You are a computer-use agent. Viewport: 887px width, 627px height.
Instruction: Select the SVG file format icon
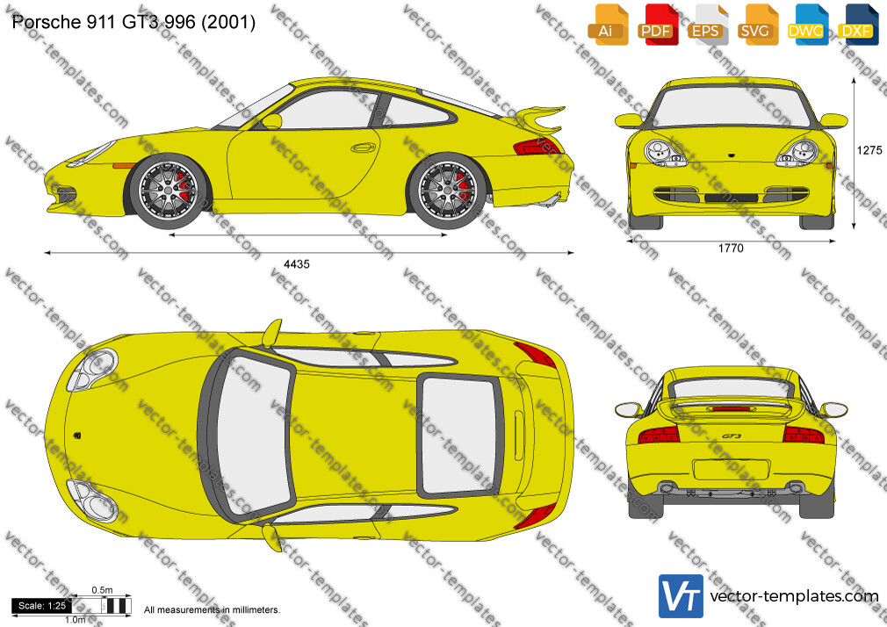click(x=757, y=25)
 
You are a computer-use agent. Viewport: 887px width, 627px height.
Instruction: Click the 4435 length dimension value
click(x=297, y=264)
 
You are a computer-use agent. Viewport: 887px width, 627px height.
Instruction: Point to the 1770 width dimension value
click(x=731, y=248)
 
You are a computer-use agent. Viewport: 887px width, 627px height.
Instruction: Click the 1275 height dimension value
click(x=869, y=150)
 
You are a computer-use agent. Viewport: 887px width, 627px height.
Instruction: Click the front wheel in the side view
click(x=168, y=191)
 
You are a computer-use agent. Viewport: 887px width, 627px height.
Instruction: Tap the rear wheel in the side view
click(x=447, y=191)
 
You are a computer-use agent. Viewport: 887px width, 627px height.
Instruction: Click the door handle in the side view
click(x=364, y=148)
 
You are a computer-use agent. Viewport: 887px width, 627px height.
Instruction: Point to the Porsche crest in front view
click(x=731, y=154)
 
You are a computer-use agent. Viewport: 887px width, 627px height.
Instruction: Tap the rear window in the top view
click(x=458, y=434)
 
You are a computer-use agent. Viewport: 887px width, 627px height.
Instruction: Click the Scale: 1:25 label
click(x=42, y=606)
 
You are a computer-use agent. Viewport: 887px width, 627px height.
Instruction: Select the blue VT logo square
click(x=681, y=596)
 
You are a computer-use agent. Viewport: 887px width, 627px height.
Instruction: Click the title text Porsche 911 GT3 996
click(x=104, y=22)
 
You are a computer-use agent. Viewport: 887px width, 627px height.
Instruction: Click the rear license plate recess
click(x=731, y=470)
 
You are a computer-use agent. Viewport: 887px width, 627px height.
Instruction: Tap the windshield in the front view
click(x=731, y=107)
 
